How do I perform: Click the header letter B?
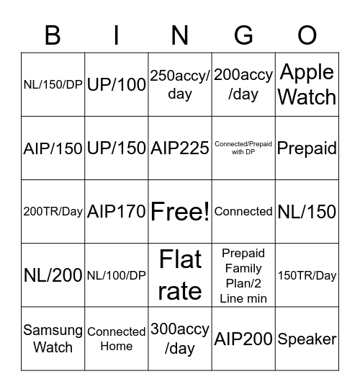(x=53, y=34)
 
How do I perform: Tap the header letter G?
(x=243, y=34)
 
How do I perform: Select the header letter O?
(x=307, y=34)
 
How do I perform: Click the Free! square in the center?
(x=180, y=211)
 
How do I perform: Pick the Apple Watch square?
(x=307, y=84)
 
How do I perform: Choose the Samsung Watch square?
(x=53, y=339)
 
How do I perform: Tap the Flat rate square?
(x=180, y=275)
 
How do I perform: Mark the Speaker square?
(x=307, y=339)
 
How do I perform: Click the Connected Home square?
(x=117, y=339)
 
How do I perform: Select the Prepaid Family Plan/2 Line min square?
(x=243, y=275)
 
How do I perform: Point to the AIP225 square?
(x=180, y=148)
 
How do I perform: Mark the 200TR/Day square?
(x=53, y=212)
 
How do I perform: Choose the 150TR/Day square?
(x=307, y=275)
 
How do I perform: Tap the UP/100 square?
(x=117, y=85)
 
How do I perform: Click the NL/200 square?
(x=53, y=275)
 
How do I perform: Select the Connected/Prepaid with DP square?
(x=243, y=148)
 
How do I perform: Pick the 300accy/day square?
(x=180, y=339)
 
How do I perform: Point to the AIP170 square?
(x=117, y=212)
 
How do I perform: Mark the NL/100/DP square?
(x=117, y=275)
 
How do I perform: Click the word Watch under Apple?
(x=307, y=97)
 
